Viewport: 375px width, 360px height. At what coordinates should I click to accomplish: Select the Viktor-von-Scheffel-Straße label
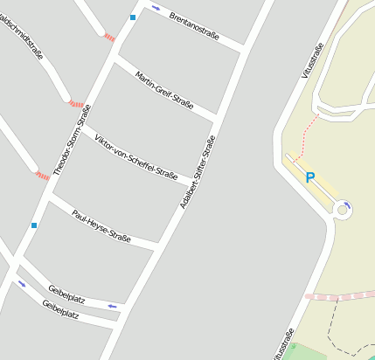(x=135, y=157)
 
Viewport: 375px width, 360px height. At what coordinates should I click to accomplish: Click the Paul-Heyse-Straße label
(x=101, y=225)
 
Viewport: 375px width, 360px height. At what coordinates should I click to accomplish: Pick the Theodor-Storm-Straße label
(x=72, y=140)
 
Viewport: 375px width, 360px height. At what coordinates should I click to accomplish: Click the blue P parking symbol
(x=309, y=177)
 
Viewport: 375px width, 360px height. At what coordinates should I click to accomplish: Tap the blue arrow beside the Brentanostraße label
(x=156, y=8)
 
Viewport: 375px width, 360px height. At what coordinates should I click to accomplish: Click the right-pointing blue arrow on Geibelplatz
(x=22, y=284)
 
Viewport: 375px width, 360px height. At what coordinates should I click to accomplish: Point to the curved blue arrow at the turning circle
(x=347, y=206)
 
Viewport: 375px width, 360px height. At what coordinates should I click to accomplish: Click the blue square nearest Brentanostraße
(x=133, y=17)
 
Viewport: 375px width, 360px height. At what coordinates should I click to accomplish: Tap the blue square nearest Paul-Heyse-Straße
(x=34, y=225)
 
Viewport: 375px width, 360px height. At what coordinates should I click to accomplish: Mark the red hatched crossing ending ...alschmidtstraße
(x=76, y=103)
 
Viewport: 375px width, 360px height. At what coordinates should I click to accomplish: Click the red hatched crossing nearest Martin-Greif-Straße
(x=109, y=38)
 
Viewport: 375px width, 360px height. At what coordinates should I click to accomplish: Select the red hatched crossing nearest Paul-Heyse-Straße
(x=42, y=176)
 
